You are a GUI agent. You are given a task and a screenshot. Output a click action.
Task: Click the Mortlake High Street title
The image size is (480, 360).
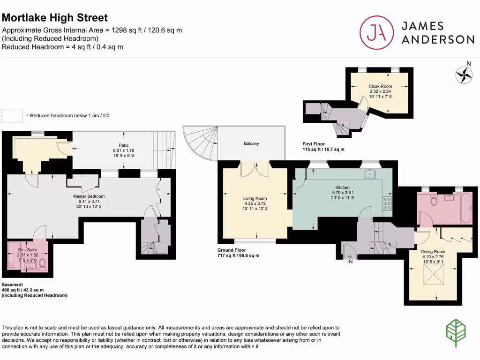tap(55, 18)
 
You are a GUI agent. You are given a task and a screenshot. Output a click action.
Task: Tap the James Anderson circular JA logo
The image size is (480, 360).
tap(375, 32)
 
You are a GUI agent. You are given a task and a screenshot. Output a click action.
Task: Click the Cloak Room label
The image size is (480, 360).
tap(380, 86)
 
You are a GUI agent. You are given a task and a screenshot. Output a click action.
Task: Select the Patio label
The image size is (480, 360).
tap(124, 145)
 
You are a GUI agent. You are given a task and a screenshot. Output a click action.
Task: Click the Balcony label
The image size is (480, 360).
tap(251, 143)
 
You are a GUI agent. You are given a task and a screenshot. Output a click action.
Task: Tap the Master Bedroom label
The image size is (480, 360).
tap(89, 196)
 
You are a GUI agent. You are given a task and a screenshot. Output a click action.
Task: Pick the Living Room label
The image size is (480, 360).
tap(255, 198)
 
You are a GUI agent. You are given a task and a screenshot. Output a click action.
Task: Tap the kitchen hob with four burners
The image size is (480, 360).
tap(387, 204)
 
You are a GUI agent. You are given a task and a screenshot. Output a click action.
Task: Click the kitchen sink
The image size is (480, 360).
tap(370, 175)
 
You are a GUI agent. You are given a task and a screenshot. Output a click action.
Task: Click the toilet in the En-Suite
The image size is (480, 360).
tap(42, 264)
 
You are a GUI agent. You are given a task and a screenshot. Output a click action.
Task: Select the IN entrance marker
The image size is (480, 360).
tap(349, 261)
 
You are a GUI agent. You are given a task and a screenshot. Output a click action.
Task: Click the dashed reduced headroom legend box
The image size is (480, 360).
tap(12, 115)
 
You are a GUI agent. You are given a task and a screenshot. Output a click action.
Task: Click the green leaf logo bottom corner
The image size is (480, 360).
tap(454, 333)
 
